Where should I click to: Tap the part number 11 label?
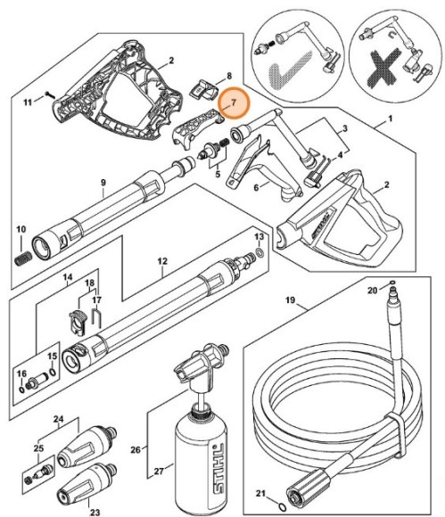(28, 103)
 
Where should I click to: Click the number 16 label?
(21, 373)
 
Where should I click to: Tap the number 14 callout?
(68, 278)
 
